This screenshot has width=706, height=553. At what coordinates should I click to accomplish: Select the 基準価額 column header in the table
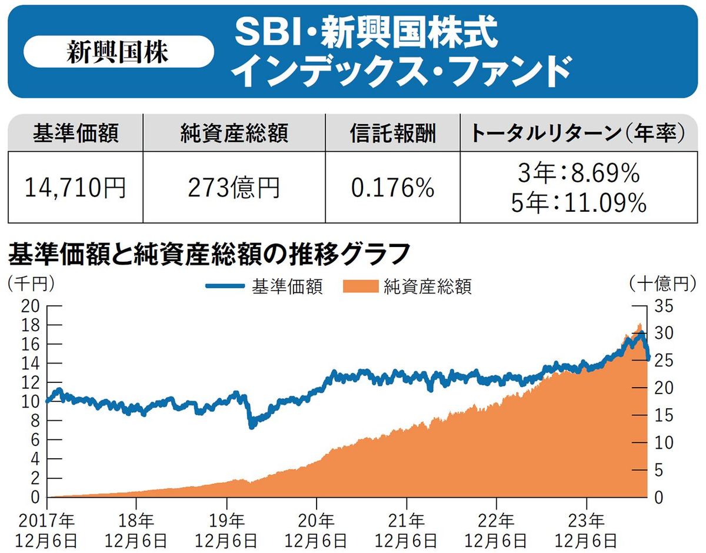(75, 134)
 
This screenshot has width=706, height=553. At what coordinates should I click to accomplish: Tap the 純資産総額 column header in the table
(234, 134)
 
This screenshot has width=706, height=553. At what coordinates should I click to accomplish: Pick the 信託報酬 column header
(392, 134)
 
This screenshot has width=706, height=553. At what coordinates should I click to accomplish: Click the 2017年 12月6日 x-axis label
(47, 529)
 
